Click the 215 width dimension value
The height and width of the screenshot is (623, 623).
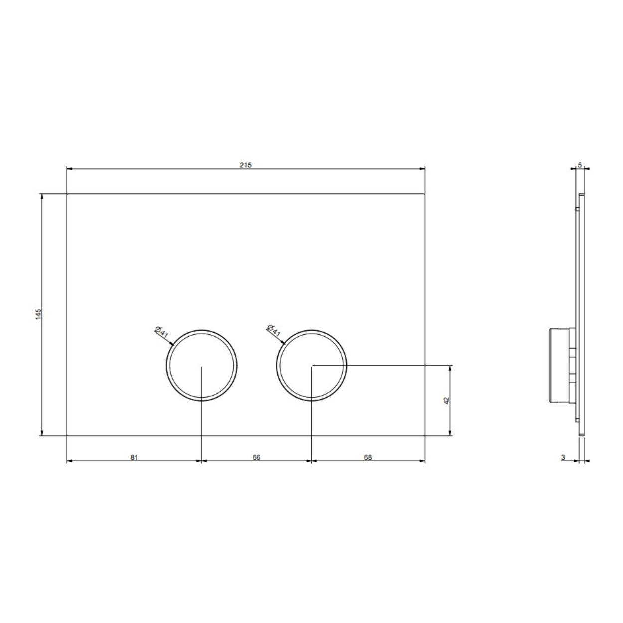coord(245,165)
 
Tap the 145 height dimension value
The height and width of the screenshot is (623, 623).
coord(38,314)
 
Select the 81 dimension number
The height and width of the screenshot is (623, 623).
coord(134,457)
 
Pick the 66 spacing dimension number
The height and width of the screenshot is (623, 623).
coord(256,457)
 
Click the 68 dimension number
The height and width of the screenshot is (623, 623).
coord(368,457)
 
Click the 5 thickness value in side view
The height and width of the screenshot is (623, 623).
coord(580,165)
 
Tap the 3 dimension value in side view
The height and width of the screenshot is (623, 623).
coord(563,457)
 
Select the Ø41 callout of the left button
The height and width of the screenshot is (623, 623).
coord(161,332)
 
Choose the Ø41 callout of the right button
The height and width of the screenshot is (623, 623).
coord(273,331)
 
